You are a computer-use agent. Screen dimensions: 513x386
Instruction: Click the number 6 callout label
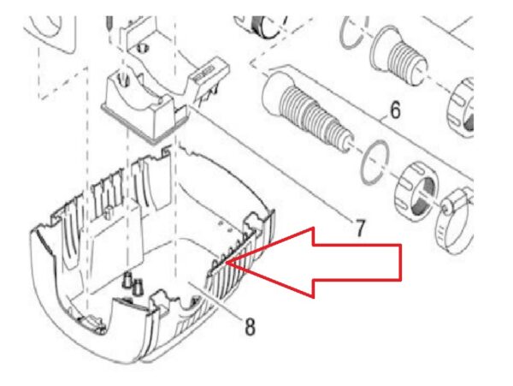tap(395, 110)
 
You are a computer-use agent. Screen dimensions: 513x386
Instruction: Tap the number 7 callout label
tap(359, 228)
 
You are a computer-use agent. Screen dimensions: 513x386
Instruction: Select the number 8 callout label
tap(250, 326)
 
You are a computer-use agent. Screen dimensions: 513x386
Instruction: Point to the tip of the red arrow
tap(226, 263)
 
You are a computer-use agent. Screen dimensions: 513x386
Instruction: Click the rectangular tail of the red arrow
tap(357, 262)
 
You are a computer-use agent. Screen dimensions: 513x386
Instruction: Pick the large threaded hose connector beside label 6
tap(307, 110)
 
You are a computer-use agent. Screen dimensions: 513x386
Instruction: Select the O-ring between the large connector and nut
tap(375, 163)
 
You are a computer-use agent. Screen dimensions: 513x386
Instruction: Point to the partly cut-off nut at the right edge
tap(461, 107)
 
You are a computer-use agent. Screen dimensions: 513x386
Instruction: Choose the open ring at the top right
tap(353, 33)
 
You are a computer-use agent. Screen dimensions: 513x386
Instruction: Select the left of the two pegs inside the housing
tap(127, 280)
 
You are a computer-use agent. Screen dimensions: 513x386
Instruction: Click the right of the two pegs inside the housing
tap(138, 286)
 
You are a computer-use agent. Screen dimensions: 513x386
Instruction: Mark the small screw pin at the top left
tap(109, 24)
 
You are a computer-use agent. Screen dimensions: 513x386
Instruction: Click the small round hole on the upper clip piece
tap(143, 48)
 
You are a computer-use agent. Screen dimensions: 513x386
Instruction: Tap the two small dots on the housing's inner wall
tap(225, 226)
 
